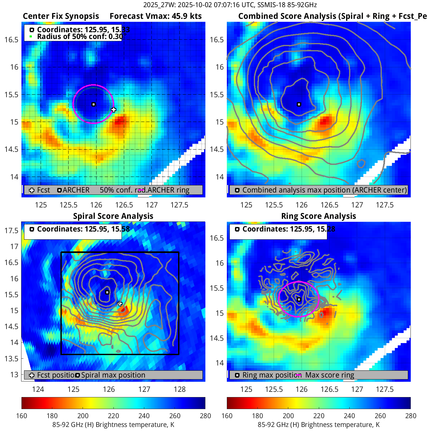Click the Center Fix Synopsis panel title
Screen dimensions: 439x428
tap(61, 16)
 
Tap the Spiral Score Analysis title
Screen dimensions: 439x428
tap(113, 216)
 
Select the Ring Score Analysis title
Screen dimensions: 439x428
tap(318, 216)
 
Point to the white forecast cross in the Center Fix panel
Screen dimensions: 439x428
tap(113, 110)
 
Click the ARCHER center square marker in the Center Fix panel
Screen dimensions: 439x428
tap(94, 104)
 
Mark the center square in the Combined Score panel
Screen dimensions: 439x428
tap(299, 104)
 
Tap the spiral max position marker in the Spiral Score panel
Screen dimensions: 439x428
tap(107, 292)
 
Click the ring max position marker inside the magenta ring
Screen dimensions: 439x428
tap(299, 299)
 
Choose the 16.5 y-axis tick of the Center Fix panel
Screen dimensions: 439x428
tap(11, 40)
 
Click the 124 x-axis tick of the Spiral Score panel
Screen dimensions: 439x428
tap(38, 389)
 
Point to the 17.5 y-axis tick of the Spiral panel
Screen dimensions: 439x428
tap(11, 231)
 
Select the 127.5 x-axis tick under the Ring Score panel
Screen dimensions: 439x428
tap(385, 389)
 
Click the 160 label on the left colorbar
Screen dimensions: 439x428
tap(22, 416)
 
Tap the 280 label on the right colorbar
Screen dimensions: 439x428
tap(410, 416)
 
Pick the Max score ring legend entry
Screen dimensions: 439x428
tap(330, 375)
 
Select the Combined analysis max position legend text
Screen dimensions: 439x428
tap(324, 190)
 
